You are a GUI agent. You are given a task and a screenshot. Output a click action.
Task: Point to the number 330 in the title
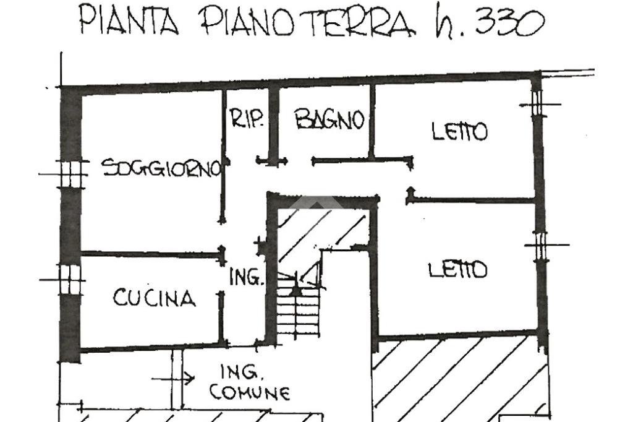pos(509,24)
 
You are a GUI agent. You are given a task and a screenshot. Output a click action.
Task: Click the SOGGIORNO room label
pos(161,168)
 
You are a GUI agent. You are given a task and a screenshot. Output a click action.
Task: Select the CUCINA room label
pos(154,298)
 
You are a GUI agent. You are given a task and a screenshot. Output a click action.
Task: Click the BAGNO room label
pos(328,119)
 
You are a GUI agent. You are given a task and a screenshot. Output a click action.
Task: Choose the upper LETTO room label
pos(459,132)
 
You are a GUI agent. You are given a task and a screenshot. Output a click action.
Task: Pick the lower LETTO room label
pos(457,270)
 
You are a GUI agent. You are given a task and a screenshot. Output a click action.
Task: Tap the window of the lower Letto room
pos(540,245)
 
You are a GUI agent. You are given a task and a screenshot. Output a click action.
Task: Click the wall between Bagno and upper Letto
pos(372,121)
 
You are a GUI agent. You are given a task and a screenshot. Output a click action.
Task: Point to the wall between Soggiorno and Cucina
pos(151,253)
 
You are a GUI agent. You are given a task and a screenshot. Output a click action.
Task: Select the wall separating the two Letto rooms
pos(473,200)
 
